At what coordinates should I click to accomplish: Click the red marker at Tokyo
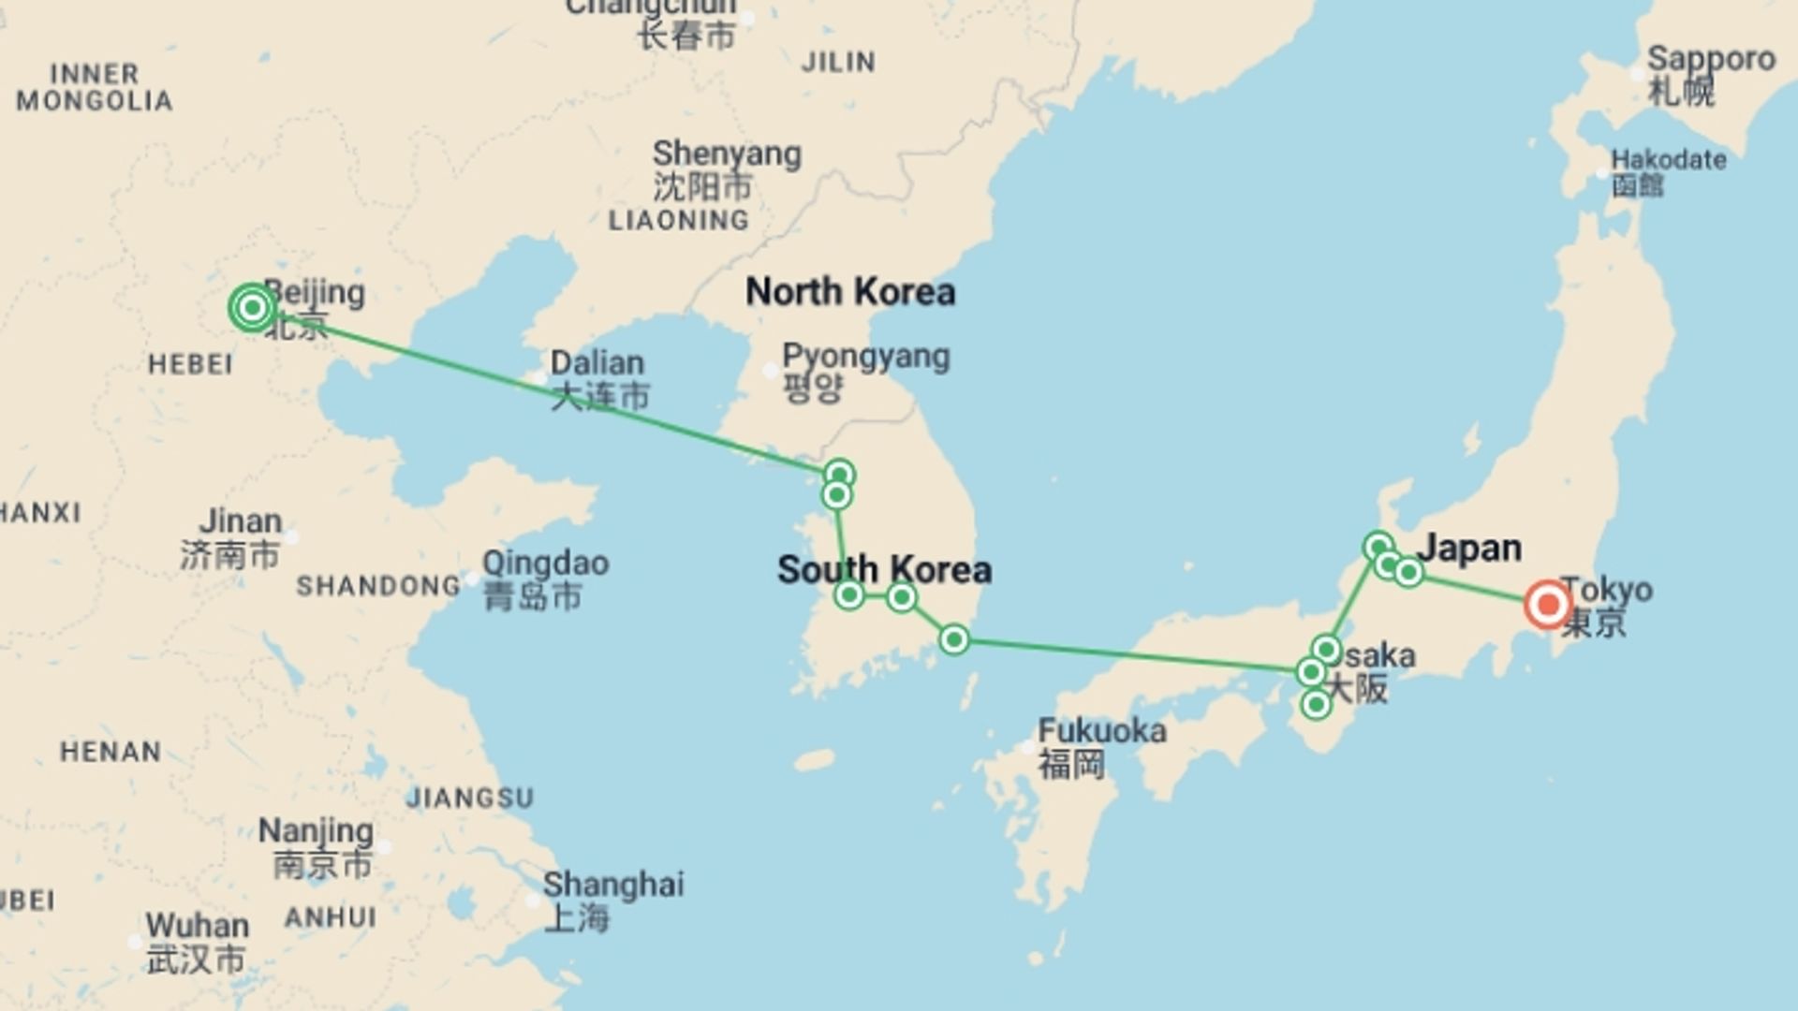point(1547,604)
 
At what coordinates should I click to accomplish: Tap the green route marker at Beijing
point(252,307)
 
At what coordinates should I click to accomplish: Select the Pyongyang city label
point(865,357)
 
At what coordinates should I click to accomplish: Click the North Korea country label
point(850,292)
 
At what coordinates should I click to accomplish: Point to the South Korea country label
point(884,569)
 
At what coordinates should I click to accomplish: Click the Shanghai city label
point(613,885)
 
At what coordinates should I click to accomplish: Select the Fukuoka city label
point(1101,731)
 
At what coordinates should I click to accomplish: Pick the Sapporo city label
point(1711,58)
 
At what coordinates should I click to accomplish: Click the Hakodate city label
point(1668,159)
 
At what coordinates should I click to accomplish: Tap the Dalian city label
point(597,363)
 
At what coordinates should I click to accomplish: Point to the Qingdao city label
point(545,564)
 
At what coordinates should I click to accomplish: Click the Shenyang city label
point(727,154)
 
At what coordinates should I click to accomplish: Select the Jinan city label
point(240,521)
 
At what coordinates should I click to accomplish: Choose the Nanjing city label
point(316,830)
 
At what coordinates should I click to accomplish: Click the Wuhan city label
point(198,926)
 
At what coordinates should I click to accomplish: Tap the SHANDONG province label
point(378,586)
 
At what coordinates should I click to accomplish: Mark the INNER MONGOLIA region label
point(94,87)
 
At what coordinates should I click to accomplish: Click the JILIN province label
point(839,63)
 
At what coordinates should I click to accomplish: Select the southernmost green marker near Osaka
point(1316,704)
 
